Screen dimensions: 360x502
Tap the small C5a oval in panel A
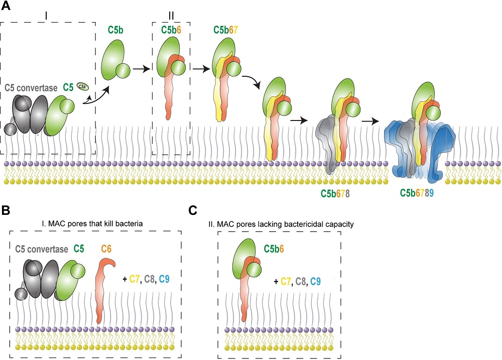click(82, 87)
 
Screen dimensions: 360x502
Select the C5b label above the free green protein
click(116, 30)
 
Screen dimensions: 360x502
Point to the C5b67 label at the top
click(225, 30)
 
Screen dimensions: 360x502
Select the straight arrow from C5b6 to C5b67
click(200, 69)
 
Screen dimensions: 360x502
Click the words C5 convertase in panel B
click(42, 248)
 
